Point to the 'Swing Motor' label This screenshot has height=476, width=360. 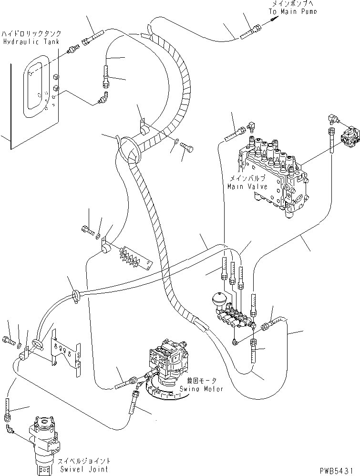coord(200,389)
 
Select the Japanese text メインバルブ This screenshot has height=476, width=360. coord(245,178)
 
